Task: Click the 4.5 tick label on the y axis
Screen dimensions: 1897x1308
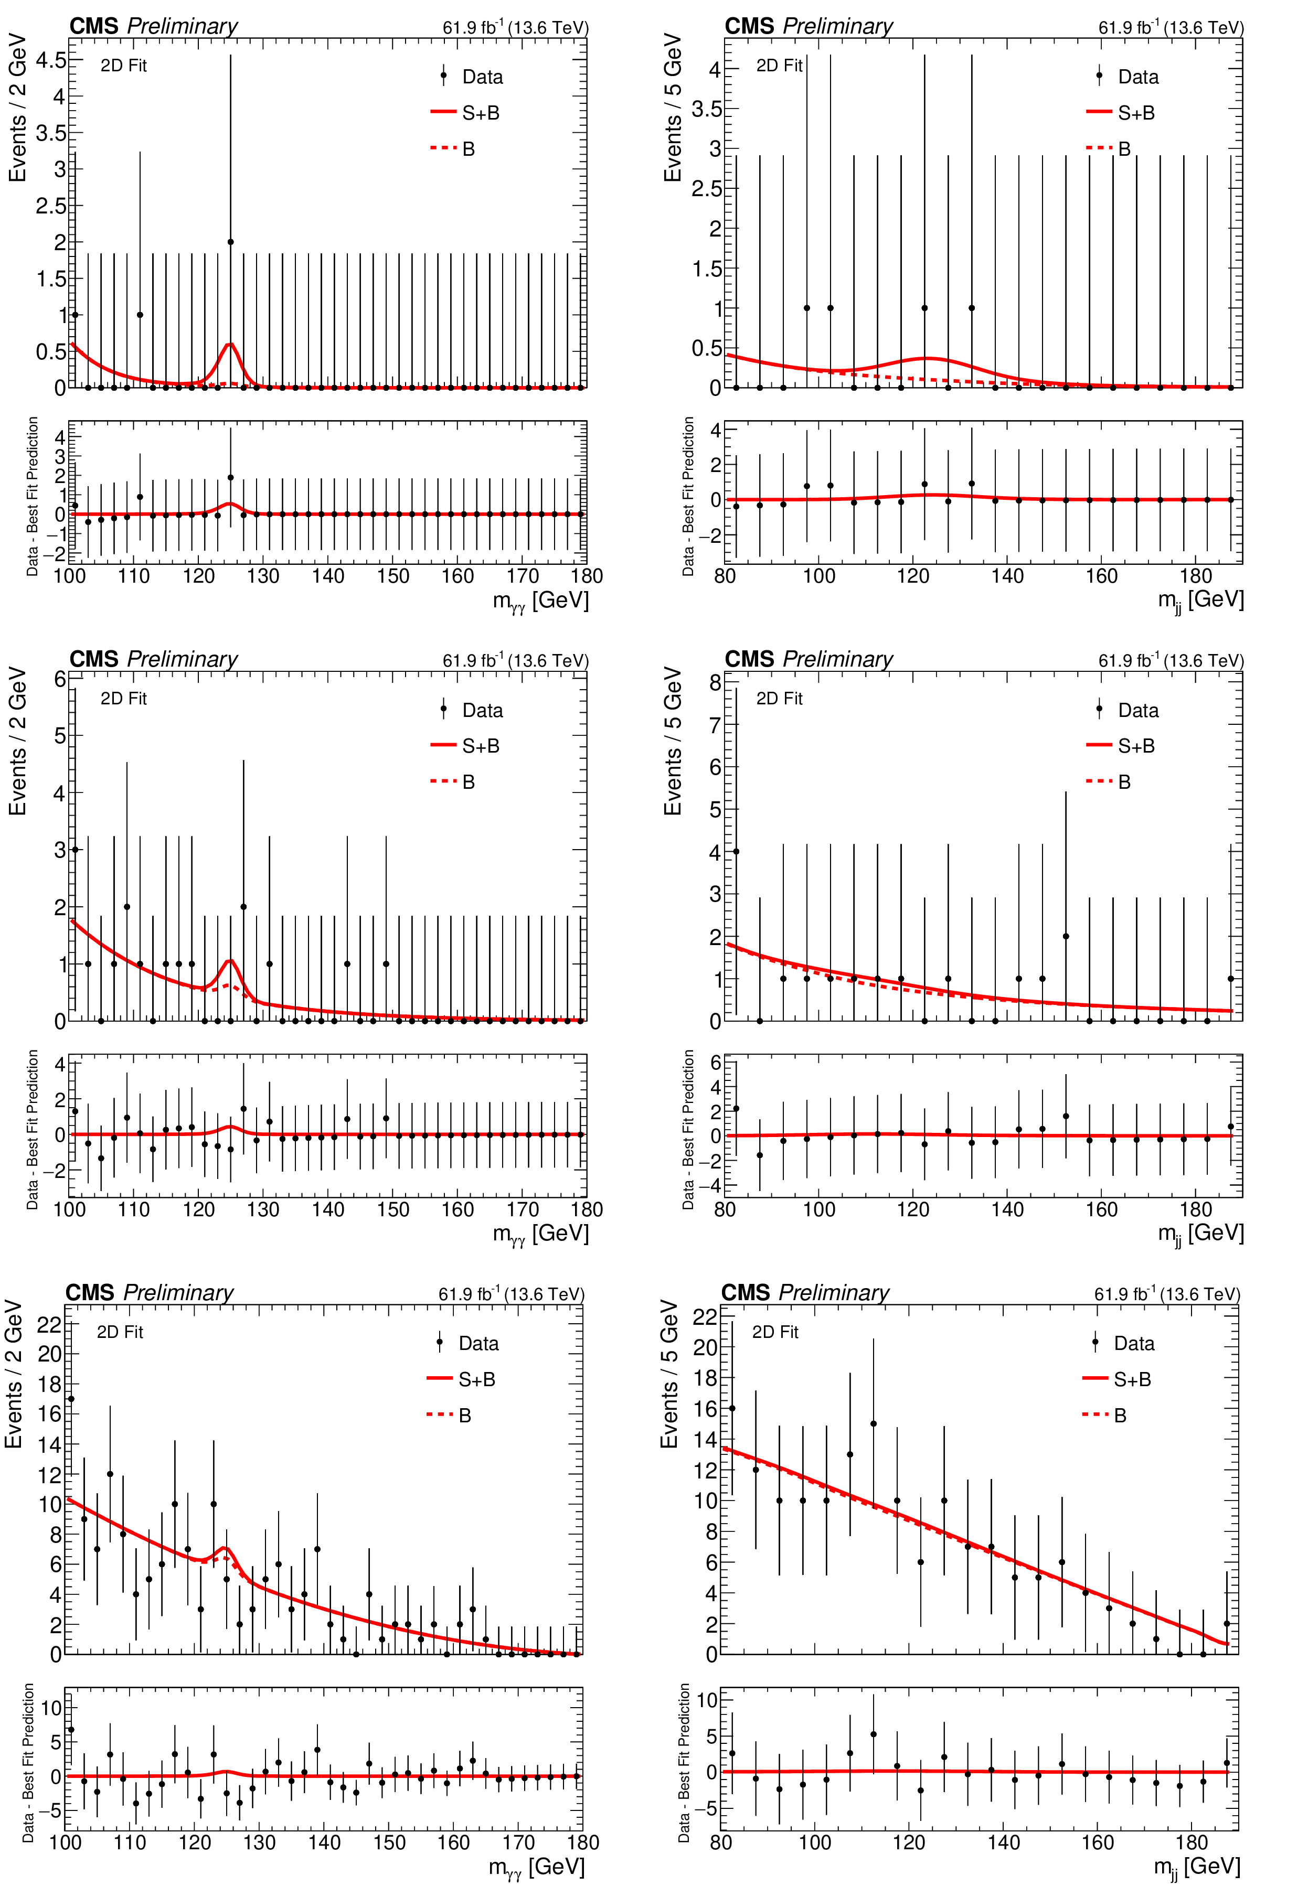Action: coord(51,60)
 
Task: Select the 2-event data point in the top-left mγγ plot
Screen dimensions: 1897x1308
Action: coord(230,242)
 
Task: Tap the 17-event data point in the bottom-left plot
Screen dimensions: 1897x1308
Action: coord(71,1399)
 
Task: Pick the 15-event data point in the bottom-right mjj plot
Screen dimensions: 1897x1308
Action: coord(874,1423)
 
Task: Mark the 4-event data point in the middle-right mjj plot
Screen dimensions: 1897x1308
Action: coord(736,852)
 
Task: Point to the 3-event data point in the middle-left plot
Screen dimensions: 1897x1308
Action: coord(76,850)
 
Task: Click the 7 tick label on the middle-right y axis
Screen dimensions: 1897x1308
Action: coord(715,725)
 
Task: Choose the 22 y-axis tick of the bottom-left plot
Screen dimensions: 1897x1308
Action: coord(49,1324)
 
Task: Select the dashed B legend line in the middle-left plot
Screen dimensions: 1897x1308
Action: coord(442,781)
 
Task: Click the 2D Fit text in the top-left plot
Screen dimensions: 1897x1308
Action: coord(124,66)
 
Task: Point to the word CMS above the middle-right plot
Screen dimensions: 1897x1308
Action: coord(749,659)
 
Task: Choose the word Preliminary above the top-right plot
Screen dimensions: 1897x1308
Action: coord(837,26)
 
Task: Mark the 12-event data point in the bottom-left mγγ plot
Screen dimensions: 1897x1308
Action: coord(110,1474)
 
